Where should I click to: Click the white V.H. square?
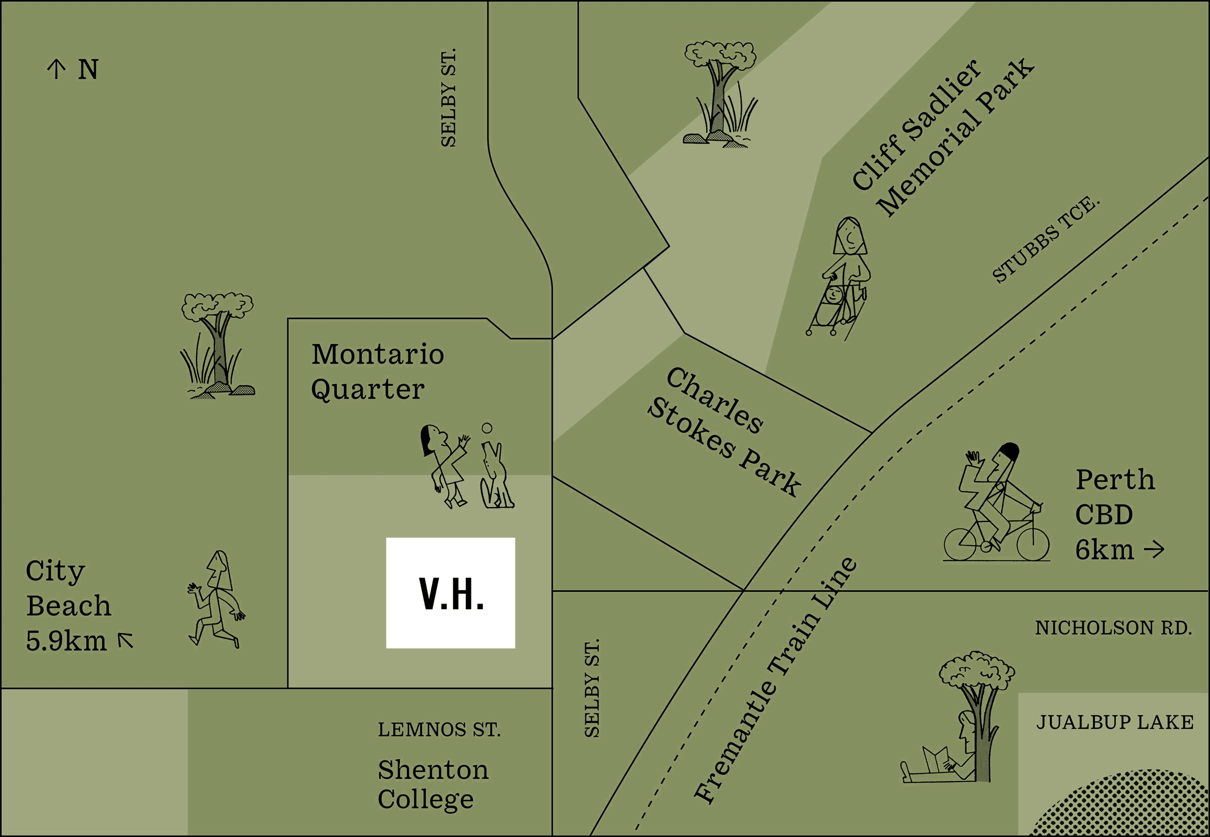(450, 592)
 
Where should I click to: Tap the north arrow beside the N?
(56, 69)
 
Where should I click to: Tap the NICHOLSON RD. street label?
(1113, 628)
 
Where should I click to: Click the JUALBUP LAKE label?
(1115, 723)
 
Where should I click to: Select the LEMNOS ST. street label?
(439, 730)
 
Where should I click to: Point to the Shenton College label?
(433, 785)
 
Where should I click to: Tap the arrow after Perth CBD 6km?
(1154, 550)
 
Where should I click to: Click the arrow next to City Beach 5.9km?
(126, 640)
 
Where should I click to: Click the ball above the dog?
(487, 428)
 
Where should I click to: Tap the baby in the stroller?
(832, 296)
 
